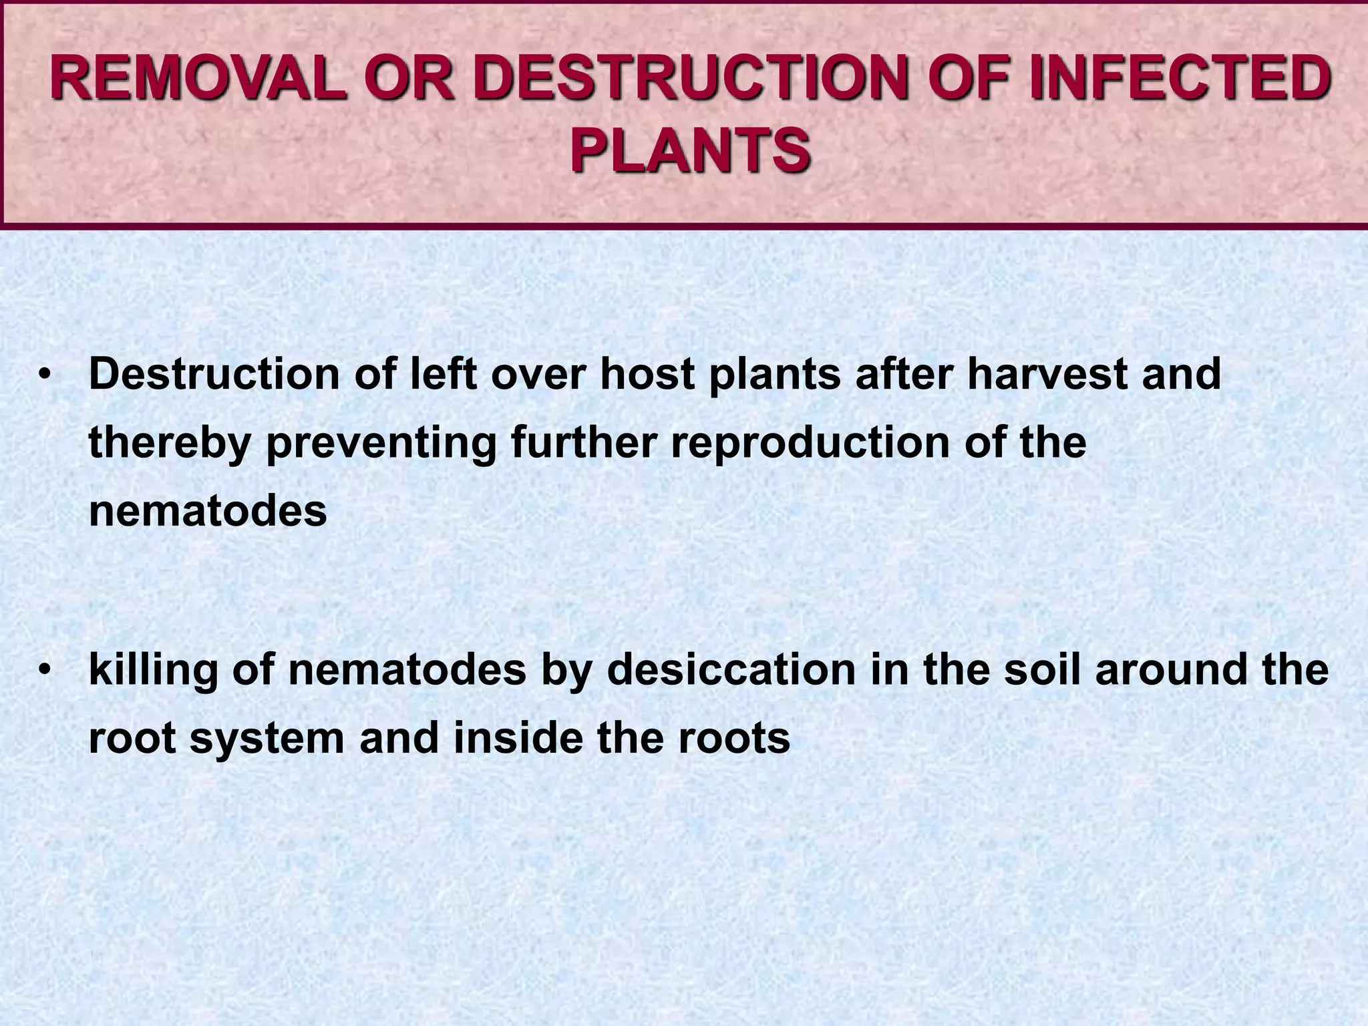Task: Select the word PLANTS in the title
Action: coord(690,151)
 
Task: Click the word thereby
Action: coord(170,442)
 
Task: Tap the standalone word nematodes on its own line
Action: coord(208,511)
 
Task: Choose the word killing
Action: coord(153,671)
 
